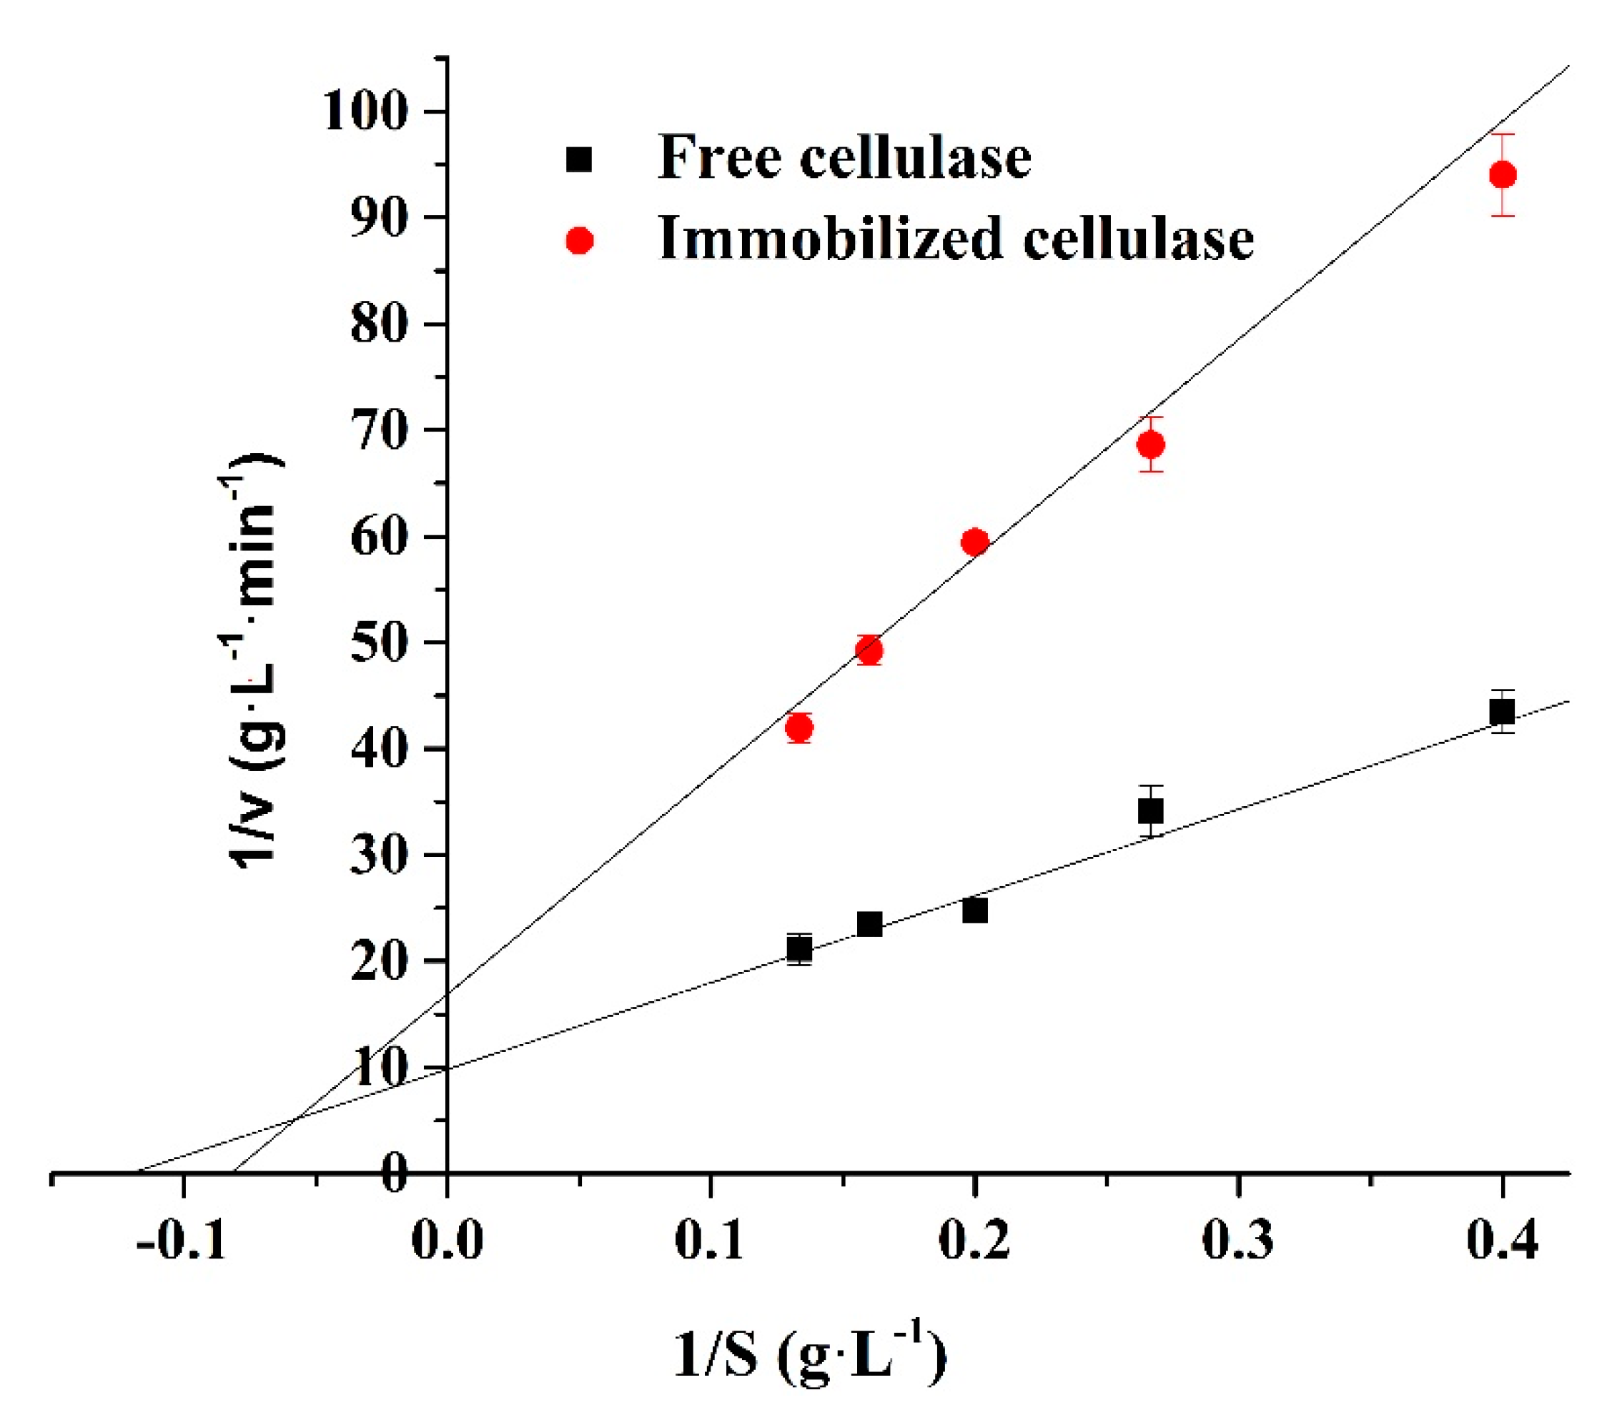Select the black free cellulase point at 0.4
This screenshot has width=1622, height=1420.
1501,712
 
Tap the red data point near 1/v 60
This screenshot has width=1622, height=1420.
974,542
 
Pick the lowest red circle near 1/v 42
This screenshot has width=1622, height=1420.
799,728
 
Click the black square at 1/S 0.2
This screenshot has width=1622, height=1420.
974,910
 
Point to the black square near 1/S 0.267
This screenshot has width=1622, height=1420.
1150,810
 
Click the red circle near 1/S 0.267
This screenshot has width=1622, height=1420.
1150,445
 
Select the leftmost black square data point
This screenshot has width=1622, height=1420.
799,948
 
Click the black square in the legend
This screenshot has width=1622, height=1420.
580,159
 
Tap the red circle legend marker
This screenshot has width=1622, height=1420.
580,240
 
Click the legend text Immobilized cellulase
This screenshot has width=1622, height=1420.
955,239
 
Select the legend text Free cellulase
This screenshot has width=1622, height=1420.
844,157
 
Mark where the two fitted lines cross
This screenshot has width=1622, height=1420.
294,1118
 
